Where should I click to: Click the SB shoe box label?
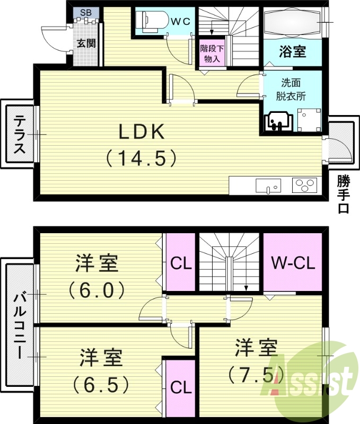pos(85,12)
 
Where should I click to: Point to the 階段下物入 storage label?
pos(212,53)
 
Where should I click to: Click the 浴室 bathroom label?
pos(292,51)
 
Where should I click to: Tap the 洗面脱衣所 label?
pos(292,90)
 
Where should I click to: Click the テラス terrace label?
pos(20,135)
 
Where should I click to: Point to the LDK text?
pos(142,132)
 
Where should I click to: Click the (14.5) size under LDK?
pos(141,157)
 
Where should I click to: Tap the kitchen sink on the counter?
pos(267,186)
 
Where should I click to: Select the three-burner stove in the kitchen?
pos(304,186)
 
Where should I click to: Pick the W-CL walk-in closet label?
pos(293,262)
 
